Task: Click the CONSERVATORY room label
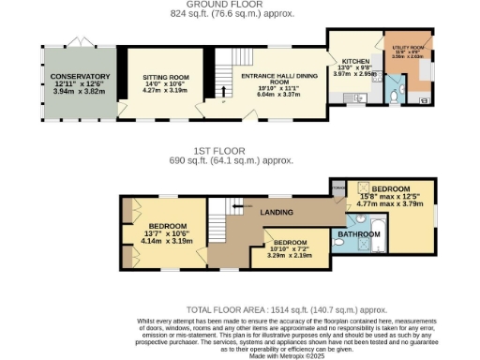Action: [80, 76]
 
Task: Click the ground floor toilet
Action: [394, 94]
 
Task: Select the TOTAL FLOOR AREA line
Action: [286, 308]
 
